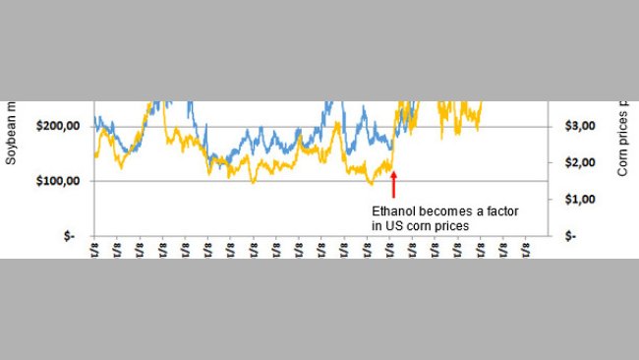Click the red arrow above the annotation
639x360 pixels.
[x=393, y=184]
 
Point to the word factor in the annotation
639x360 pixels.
[x=503, y=210]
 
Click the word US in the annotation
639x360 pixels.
[x=392, y=226]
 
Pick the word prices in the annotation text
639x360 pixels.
[x=455, y=226]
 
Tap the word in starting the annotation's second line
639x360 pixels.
[x=376, y=226]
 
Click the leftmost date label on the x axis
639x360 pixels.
[x=95, y=248]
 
